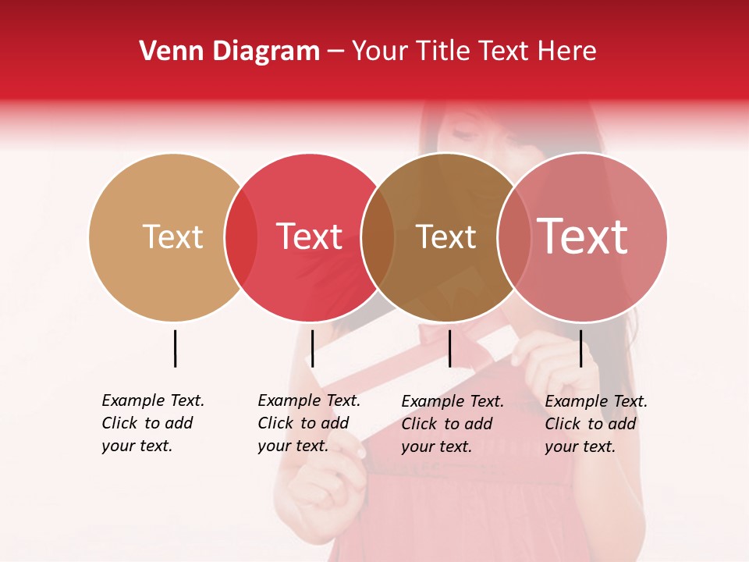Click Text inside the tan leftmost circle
(172, 237)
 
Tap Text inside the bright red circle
(309, 237)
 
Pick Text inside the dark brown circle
(445, 237)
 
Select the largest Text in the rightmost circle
(582, 237)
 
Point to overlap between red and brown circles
(378, 237)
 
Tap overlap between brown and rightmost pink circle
(513, 237)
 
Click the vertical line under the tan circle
(176, 348)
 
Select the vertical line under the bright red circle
(312, 348)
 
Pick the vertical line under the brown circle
(449, 348)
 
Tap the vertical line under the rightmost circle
(580, 348)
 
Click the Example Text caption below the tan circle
(152, 423)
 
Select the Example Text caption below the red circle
(308, 423)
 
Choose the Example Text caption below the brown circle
(452, 424)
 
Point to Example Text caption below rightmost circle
(595, 424)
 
